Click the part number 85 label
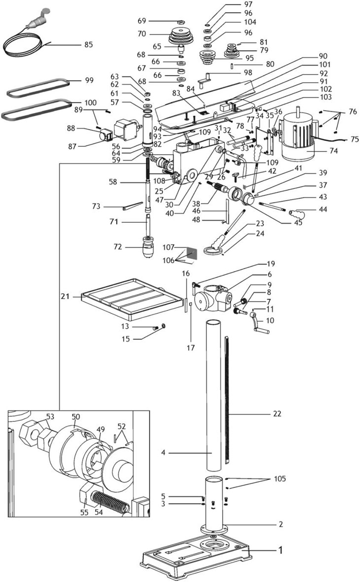point(88,45)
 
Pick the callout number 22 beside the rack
point(277,413)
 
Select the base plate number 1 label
point(281,549)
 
